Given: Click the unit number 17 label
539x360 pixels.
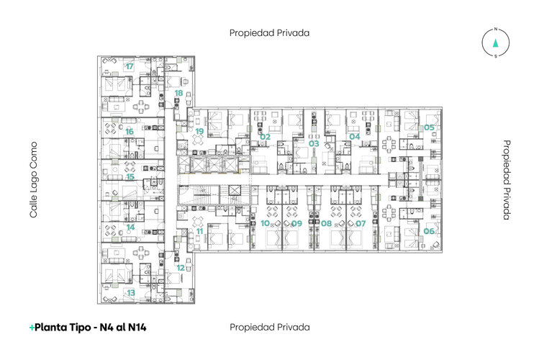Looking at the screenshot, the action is [130, 66].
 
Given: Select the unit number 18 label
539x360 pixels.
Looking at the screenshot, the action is [178, 93].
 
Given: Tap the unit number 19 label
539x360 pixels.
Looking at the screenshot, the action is [200, 131].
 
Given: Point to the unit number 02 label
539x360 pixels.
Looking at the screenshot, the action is [265, 137].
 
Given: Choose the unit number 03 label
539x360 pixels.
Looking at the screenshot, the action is [314, 143].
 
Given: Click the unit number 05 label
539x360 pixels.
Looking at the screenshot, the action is [429, 127].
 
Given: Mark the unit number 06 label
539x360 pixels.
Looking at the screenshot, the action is [429, 231].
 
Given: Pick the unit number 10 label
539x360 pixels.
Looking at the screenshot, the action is [265, 223].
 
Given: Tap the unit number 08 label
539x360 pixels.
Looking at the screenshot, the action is [326, 223].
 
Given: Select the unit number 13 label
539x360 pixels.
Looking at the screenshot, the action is [131, 293].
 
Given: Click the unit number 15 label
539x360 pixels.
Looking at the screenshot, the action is [130, 176].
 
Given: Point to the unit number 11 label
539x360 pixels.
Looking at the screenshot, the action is [200, 231].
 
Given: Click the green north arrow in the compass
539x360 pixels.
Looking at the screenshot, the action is [495, 43].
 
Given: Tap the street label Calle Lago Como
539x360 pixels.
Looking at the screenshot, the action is [33, 180].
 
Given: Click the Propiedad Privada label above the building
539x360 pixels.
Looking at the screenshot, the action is [269, 33].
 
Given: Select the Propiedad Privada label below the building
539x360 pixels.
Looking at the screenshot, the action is [270, 327].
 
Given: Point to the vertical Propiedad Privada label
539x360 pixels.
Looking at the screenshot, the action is [507, 180].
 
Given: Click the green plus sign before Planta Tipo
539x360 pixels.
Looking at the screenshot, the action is [32, 328].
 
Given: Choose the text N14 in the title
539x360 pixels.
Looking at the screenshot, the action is [137, 327].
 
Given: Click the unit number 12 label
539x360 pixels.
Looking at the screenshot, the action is [181, 268].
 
